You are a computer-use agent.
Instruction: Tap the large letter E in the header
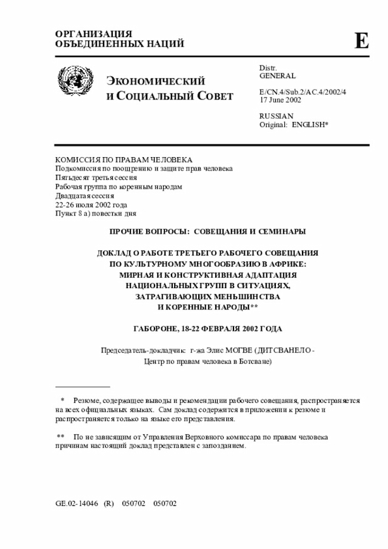pos(361,41)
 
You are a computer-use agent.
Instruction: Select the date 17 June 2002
pos(280,99)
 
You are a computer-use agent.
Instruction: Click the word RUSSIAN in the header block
pos(276,115)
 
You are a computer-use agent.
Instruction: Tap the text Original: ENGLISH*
pos(293,124)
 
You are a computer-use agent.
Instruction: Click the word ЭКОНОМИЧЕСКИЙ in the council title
pos(156,82)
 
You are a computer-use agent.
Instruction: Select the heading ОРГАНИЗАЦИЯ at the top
pos(93,33)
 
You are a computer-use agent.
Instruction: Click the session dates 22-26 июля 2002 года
pos(91,205)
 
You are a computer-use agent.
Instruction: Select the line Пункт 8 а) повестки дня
pos(96,214)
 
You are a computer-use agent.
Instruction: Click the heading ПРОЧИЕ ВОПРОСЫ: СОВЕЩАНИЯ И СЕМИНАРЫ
pos(207,232)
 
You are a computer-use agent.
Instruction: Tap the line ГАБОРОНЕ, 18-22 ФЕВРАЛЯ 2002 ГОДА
pos(207,328)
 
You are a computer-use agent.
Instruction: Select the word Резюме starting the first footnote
pos(87,401)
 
